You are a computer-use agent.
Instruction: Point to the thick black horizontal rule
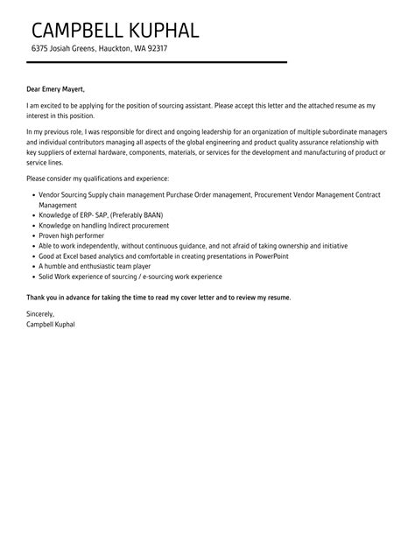click(157, 62)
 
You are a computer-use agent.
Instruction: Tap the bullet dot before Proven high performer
click(32, 236)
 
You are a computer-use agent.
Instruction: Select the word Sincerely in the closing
click(41, 313)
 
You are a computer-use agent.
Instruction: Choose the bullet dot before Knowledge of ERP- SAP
click(32, 214)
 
